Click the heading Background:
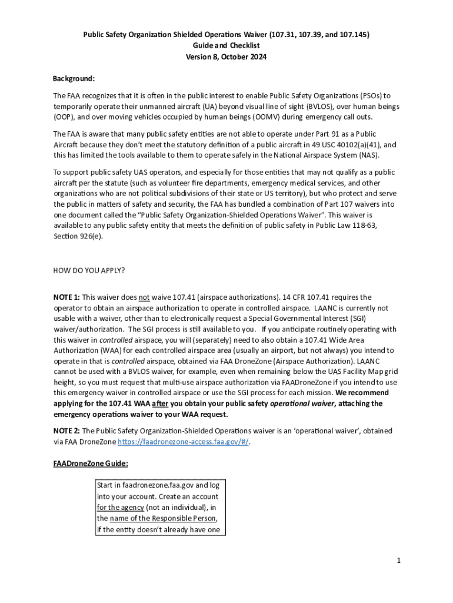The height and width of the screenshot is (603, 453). (74, 78)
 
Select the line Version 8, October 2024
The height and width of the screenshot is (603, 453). (226, 57)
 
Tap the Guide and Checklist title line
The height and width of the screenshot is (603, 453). (226, 45)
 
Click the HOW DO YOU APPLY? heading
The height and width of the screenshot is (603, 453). (89, 271)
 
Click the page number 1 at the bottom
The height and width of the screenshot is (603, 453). (398, 561)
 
